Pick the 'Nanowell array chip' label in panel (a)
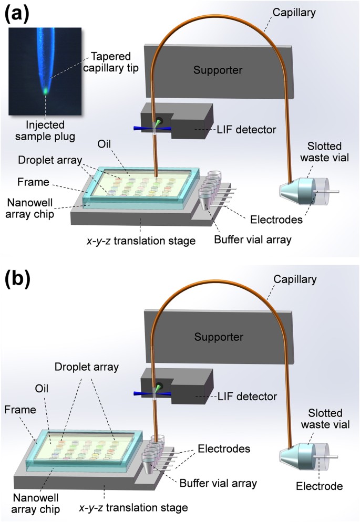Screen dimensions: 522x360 (x=29, y=208)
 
